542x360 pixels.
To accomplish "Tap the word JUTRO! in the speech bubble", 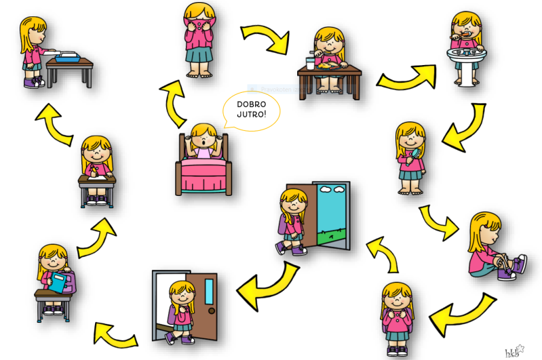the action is click(252, 116).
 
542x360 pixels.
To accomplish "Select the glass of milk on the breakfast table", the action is click(311, 63).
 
